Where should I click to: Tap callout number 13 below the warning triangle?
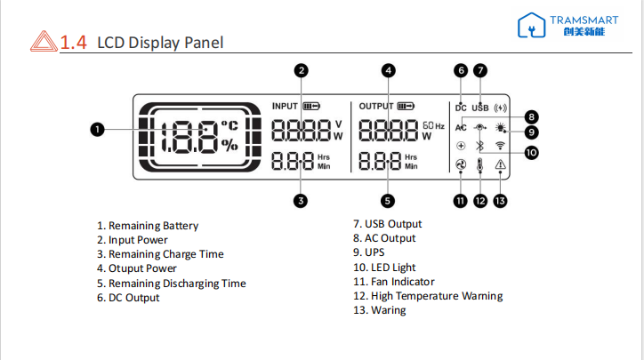click(x=501, y=201)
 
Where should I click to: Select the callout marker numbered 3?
click(x=302, y=201)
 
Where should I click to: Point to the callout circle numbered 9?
click(x=531, y=133)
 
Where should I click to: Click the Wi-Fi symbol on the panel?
click(x=500, y=146)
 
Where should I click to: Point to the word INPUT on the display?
click(x=286, y=106)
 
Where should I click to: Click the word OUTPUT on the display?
click(x=376, y=106)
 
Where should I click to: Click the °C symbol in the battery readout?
click(x=229, y=125)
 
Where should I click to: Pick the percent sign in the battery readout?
click(x=229, y=146)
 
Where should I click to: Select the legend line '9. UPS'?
click(x=369, y=252)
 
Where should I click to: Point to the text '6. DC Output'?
click(x=128, y=298)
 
